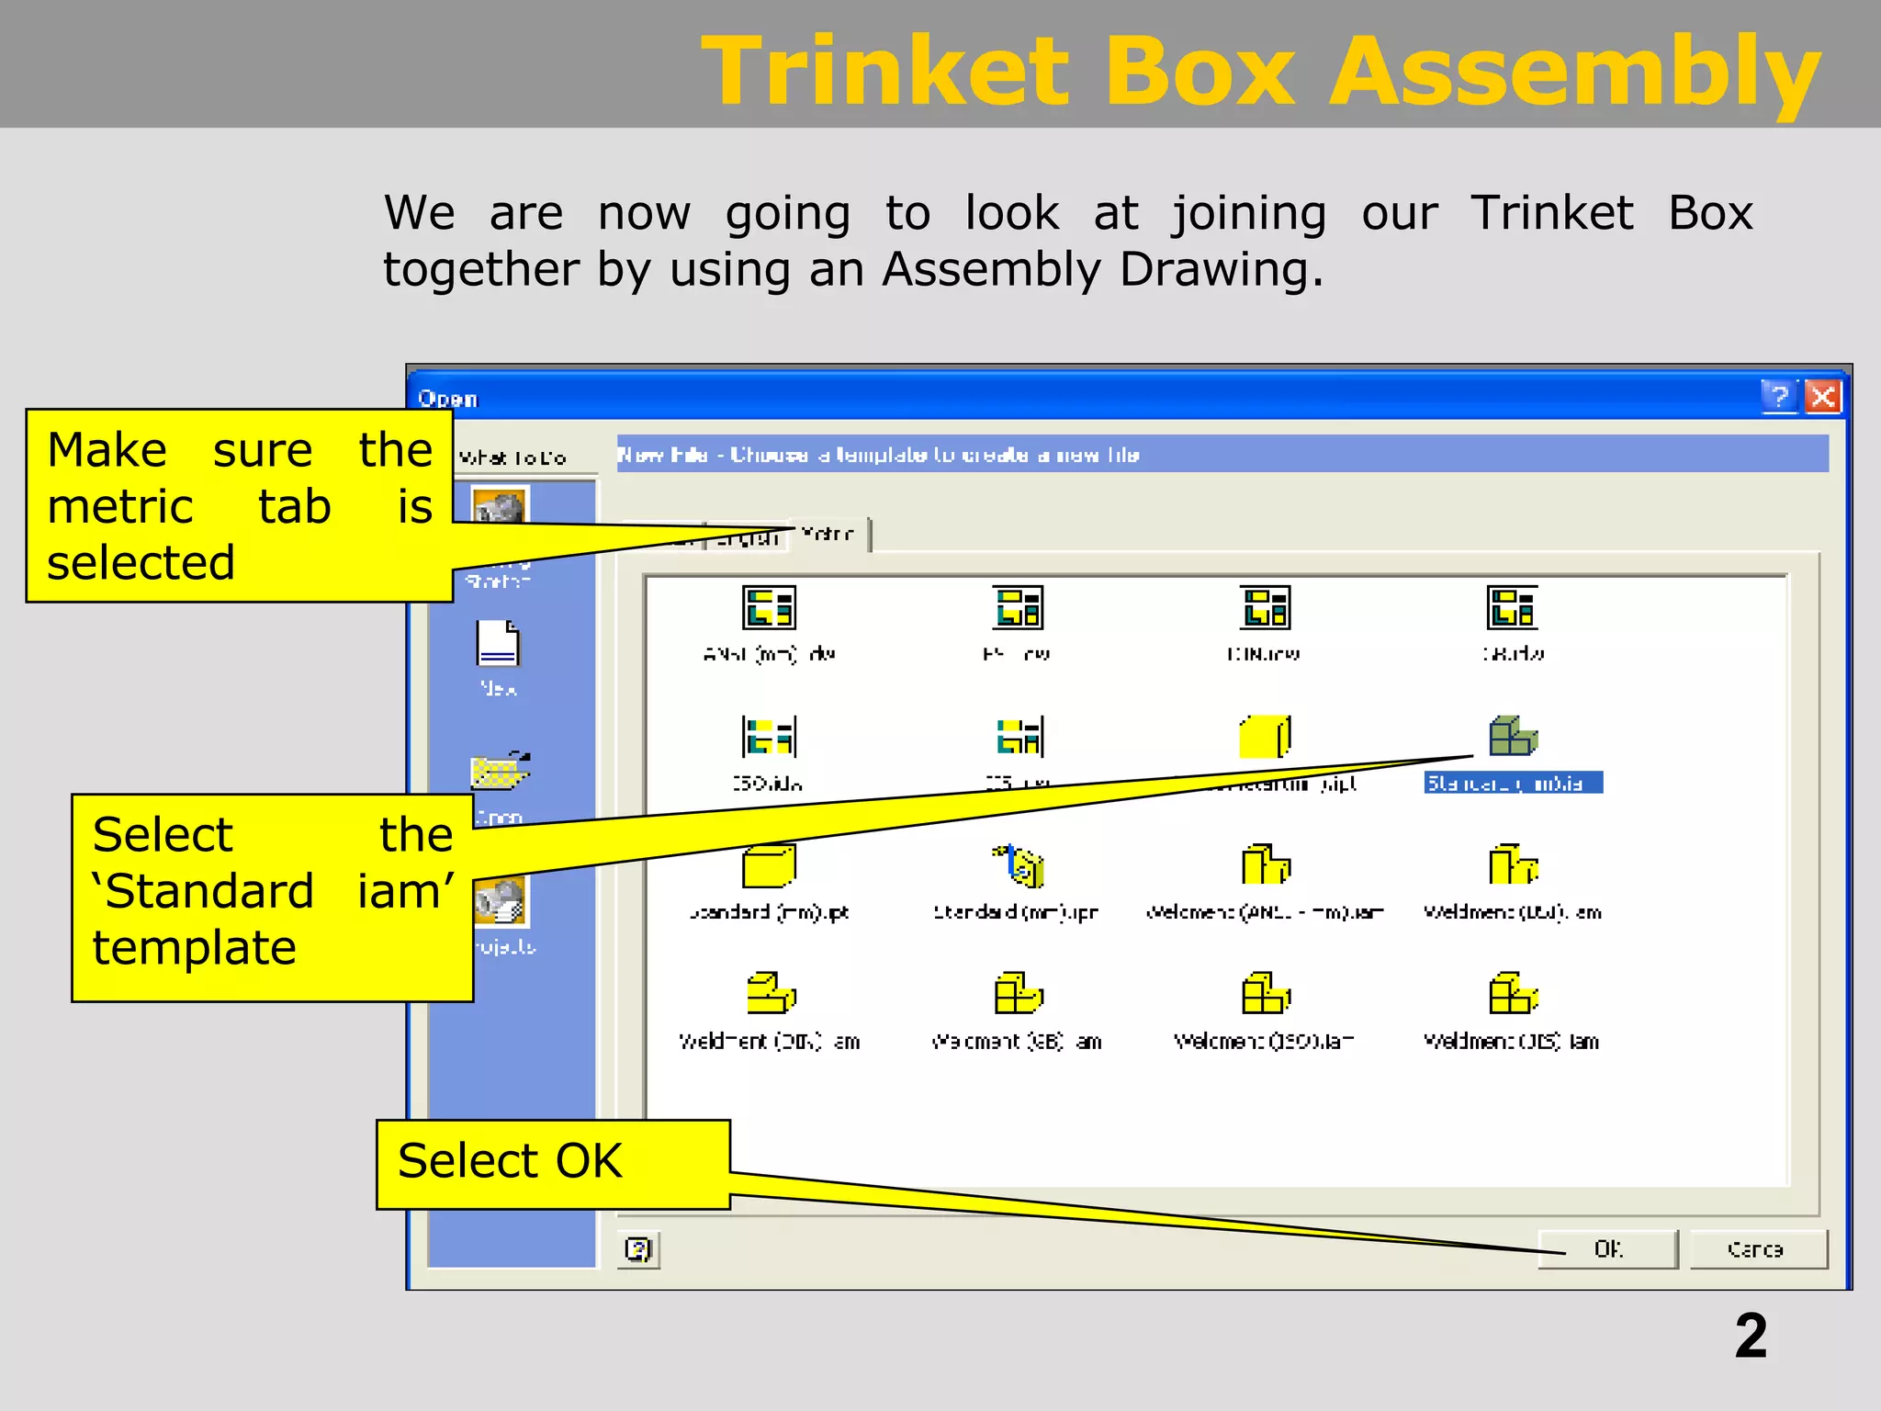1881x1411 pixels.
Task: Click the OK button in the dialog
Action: [1607, 1249]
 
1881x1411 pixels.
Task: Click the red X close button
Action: [1822, 397]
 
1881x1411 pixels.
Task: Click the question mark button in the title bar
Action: [1779, 397]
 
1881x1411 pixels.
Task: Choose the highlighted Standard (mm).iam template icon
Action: [1513, 736]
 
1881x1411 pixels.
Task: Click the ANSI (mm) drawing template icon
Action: [769, 607]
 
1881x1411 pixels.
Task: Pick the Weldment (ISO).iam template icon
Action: [1265, 993]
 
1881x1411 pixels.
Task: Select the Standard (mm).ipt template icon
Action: [769, 865]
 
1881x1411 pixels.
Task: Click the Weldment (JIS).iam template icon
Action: [1513, 993]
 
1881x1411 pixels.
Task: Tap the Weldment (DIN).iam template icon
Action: [770, 993]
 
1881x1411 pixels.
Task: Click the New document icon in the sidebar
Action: [498, 643]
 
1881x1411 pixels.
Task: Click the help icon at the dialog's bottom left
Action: [638, 1249]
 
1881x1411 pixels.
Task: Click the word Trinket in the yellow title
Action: [885, 72]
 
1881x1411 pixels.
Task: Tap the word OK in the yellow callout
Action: [589, 1161]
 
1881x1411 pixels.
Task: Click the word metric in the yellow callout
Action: [120, 507]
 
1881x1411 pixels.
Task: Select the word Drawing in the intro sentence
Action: [1221, 270]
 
